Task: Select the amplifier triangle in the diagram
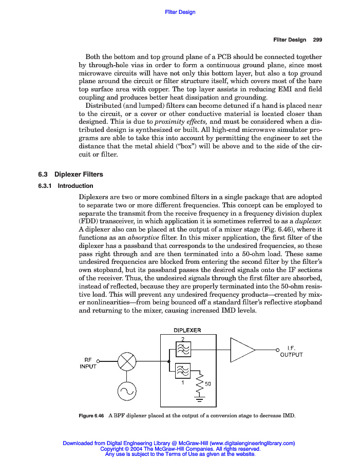241,350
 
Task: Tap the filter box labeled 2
183,350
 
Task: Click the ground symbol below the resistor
200,398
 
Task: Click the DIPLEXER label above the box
187,330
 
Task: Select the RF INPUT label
88,363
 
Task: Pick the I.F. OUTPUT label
291,351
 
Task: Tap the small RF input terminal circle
98,361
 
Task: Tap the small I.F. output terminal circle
277,350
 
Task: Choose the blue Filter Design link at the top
180,12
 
